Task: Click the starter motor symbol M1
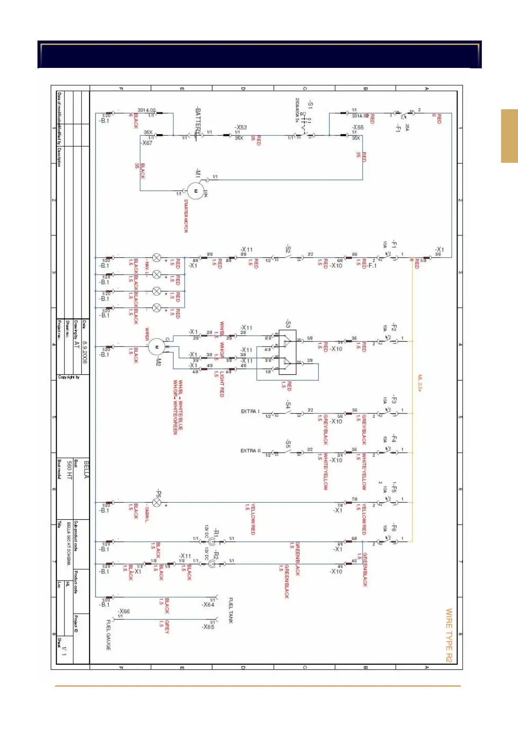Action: coord(195,191)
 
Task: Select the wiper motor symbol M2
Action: coord(156,347)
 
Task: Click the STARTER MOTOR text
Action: coord(186,216)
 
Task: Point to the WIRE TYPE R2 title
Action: coord(449,635)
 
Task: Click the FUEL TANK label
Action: coord(231,610)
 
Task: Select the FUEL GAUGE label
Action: coord(108,635)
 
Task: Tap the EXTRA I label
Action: coord(250,411)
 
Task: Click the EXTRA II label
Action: coord(250,451)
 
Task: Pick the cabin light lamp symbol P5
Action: coord(157,503)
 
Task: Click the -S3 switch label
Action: coord(288,324)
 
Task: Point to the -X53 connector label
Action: coord(241,128)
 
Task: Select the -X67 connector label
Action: coord(147,143)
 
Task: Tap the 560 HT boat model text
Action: coord(69,471)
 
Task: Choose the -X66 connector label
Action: coord(124,612)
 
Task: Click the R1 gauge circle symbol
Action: coord(212,542)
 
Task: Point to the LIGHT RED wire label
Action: coord(222,384)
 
